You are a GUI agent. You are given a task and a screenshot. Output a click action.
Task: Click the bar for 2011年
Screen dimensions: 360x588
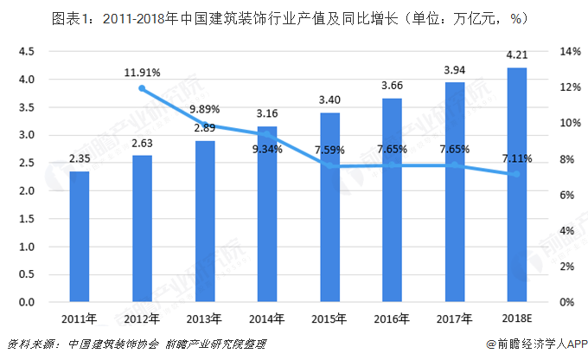pos(80,236)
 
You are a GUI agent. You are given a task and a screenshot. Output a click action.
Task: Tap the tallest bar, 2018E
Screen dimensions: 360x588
pos(517,185)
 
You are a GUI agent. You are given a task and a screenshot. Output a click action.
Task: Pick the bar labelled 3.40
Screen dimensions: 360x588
pos(329,208)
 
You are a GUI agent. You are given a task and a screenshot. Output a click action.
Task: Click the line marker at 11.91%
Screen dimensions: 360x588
pos(142,88)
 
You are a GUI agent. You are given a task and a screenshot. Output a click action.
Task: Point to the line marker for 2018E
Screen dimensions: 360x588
pos(517,174)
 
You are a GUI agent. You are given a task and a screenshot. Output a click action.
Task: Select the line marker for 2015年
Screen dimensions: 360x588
pos(329,166)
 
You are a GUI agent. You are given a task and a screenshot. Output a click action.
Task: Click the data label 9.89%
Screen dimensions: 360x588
pos(204,110)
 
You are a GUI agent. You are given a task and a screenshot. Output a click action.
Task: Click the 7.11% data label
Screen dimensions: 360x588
pos(516,158)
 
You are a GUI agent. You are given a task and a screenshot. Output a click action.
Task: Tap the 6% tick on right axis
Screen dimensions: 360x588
pos(568,196)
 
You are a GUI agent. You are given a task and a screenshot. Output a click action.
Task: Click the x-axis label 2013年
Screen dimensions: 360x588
pos(204,318)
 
